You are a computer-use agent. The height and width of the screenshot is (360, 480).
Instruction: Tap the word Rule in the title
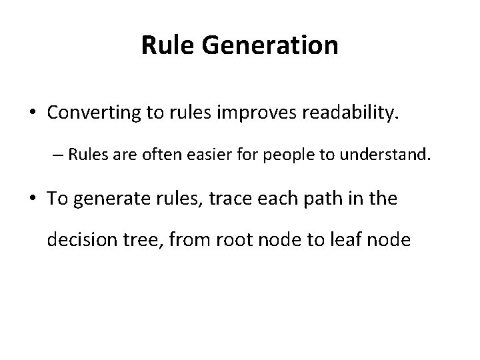[161, 45]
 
